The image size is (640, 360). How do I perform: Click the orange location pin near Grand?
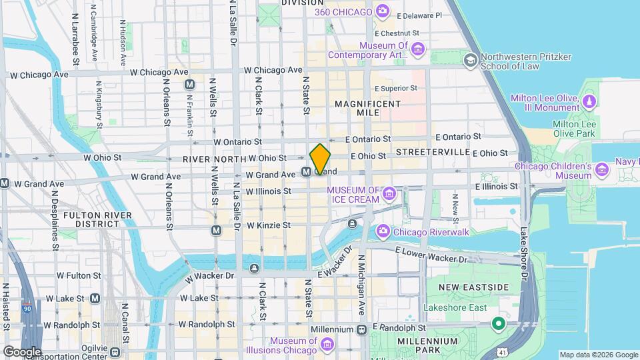pyautogui.click(x=320, y=159)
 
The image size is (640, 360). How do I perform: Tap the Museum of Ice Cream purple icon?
pyautogui.click(x=390, y=195)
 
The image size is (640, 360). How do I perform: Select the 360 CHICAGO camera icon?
pyautogui.click(x=382, y=11)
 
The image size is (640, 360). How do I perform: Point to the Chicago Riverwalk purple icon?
pyautogui.click(x=383, y=232)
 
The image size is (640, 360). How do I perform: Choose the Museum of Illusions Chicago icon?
pyautogui.click(x=327, y=344)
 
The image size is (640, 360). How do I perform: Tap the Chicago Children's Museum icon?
pyautogui.click(x=603, y=171)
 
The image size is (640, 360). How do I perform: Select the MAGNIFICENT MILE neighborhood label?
pyautogui.click(x=368, y=109)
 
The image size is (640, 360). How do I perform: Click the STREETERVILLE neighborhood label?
pyautogui.click(x=433, y=152)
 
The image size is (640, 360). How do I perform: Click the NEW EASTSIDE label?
pyautogui.click(x=473, y=287)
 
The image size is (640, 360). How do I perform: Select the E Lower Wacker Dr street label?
pyautogui.click(x=433, y=254)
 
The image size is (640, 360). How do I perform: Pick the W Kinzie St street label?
pyautogui.click(x=268, y=225)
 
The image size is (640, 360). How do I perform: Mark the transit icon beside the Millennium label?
pyautogui.click(x=361, y=329)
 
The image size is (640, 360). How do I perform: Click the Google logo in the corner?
pyautogui.click(x=21, y=351)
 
